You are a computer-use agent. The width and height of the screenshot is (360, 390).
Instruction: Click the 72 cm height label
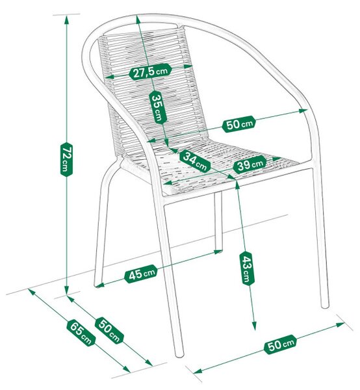coord(66,159)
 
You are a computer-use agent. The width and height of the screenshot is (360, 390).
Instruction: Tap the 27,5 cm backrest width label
coord(150,71)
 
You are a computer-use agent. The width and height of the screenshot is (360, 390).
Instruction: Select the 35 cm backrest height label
coord(158,107)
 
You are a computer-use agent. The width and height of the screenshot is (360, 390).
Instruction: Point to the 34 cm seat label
coord(195,161)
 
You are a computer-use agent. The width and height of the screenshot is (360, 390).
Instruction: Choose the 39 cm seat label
coord(250,164)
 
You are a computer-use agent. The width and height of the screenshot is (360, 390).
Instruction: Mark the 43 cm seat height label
coord(247,268)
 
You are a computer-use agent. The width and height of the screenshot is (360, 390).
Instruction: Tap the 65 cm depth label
coord(81,333)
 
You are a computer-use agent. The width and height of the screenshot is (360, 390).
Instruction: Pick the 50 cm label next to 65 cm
coord(109,330)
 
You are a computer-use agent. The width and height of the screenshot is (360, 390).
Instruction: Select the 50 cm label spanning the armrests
coord(239,124)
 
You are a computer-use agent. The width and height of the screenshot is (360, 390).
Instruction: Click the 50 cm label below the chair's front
coord(281,344)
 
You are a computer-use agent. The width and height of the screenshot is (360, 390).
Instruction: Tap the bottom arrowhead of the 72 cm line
coord(67,291)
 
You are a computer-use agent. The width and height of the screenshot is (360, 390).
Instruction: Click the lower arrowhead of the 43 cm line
coord(254,326)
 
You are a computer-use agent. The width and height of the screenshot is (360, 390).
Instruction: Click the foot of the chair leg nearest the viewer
coord(179,354)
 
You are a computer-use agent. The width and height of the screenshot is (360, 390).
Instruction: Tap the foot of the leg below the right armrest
coord(325,304)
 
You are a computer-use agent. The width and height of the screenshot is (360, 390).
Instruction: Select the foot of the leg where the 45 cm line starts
coord(97,285)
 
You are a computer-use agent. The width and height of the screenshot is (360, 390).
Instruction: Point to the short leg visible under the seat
coord(218,221)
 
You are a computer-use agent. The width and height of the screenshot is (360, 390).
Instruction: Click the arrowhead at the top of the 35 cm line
coord(138,20)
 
